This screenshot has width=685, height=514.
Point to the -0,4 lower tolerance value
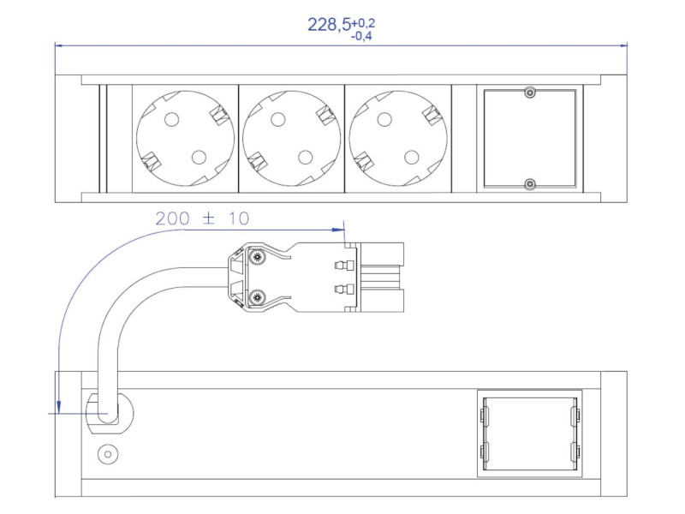(361, 36)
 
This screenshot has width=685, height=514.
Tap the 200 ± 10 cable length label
(203, 219)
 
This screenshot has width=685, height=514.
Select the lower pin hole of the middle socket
(304, 157)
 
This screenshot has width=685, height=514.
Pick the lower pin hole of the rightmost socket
(412, 157)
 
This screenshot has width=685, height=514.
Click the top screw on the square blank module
(530, 93)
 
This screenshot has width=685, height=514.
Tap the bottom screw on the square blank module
(530, 183)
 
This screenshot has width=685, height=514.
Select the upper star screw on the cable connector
(256, 256)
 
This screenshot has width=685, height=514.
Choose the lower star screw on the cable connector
(256, 297)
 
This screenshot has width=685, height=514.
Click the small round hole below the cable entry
(108, 455)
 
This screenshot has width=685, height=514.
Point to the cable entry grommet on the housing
(109, 414)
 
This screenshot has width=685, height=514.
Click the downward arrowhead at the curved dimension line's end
(57, 406)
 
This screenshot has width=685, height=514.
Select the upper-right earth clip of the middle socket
(325, 114)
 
